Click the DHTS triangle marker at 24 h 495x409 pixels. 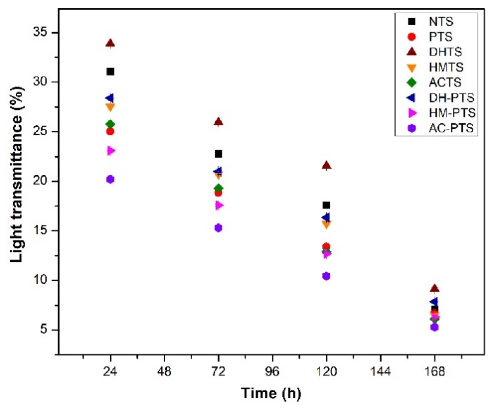coord(110,43)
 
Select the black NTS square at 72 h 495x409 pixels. coord(218,154)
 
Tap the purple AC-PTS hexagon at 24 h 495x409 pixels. coord(110,179)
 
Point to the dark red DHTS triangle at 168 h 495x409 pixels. coord(435,289)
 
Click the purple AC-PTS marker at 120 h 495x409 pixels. coord(326,276)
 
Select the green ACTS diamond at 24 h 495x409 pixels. coord(110,124)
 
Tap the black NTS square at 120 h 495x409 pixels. coord(327,206)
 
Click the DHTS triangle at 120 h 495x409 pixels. coord(327,165)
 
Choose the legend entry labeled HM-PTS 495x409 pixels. coord(452,113)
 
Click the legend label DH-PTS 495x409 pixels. coord(451,97)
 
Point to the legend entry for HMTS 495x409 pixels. coord(446,67)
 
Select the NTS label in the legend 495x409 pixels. coord(441,21)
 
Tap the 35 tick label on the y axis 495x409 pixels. coord(42,33)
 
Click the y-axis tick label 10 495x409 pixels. coord(42,280)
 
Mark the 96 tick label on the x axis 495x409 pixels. coord(272,372)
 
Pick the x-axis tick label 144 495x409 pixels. coord(380,372)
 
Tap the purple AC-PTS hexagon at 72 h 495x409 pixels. coord(218,228)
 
